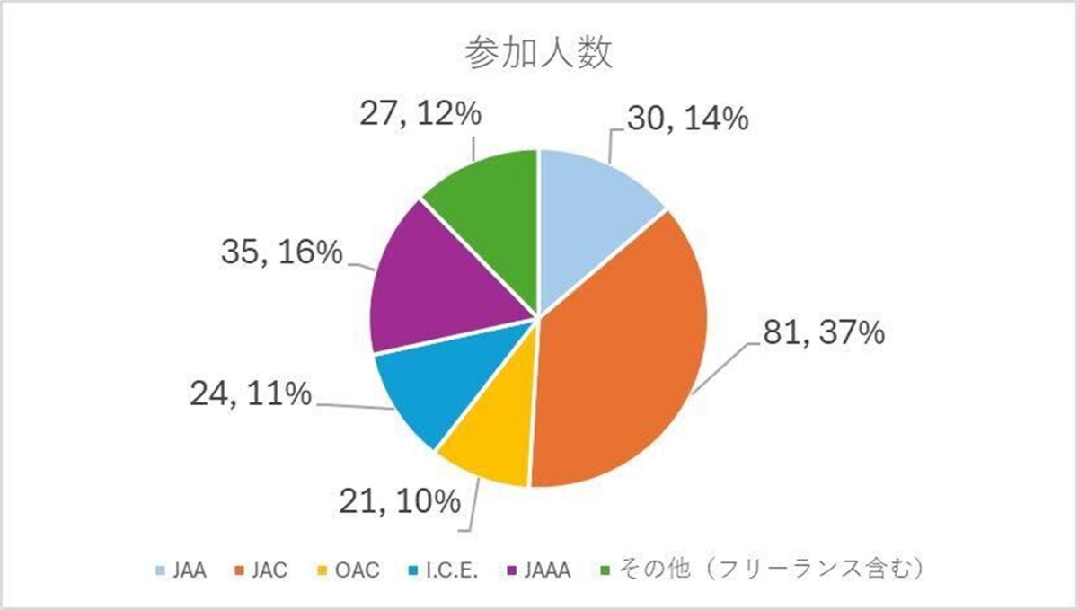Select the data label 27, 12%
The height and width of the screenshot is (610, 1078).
point(419,117)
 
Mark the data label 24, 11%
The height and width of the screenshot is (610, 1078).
point(251,394)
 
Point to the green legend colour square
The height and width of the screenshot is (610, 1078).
point(604,570)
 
